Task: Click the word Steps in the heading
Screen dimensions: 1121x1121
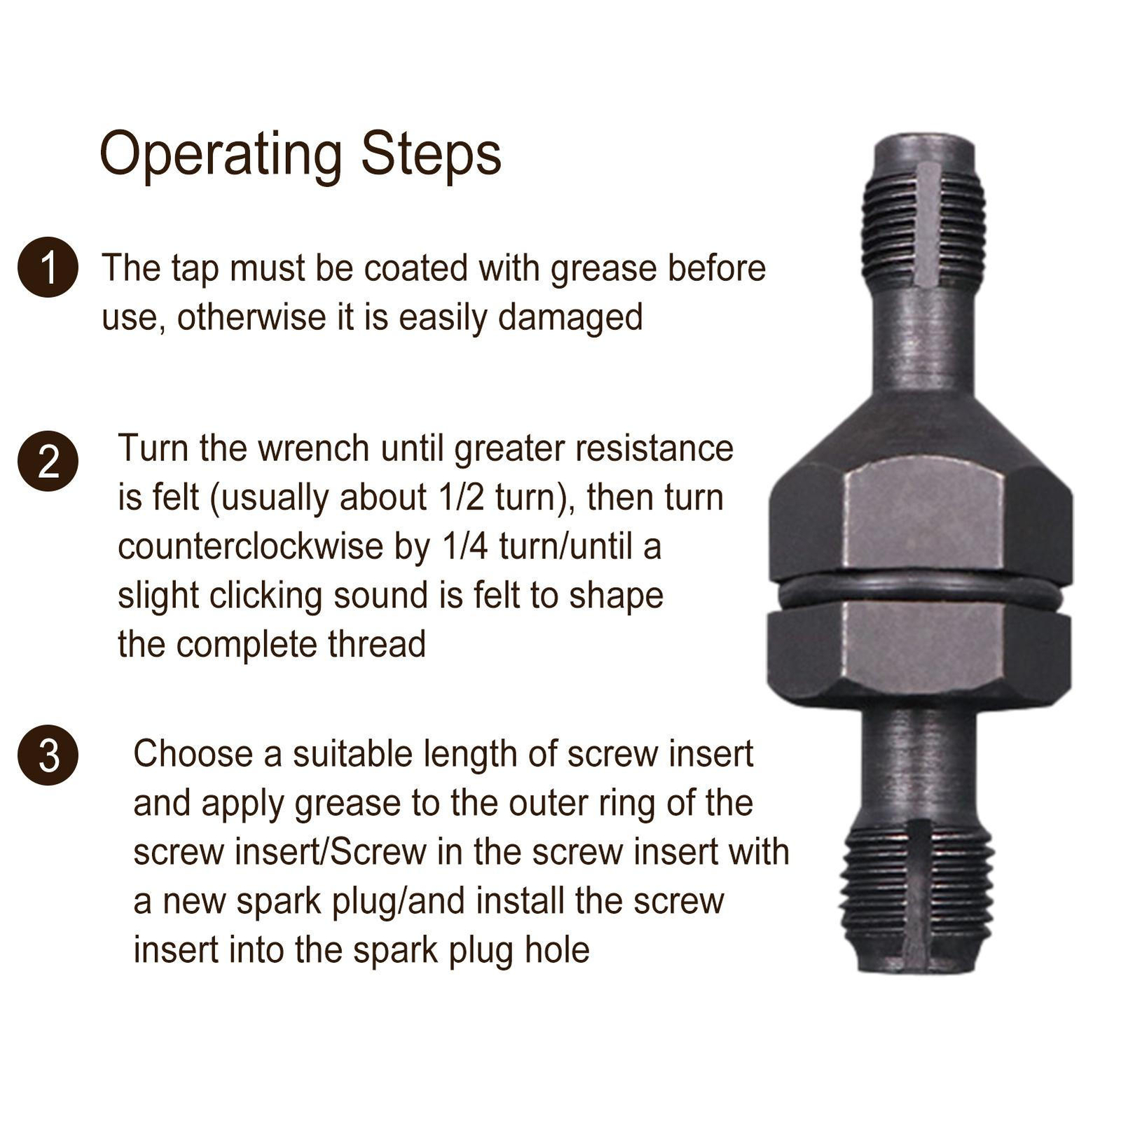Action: (431, 154)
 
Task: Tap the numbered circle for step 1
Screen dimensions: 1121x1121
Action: (48, 268)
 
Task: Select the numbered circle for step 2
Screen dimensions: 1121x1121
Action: (48, 461)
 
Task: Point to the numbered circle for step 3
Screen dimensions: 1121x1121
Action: (48, 755)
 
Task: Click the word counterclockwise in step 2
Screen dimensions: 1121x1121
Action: (252, 547)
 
